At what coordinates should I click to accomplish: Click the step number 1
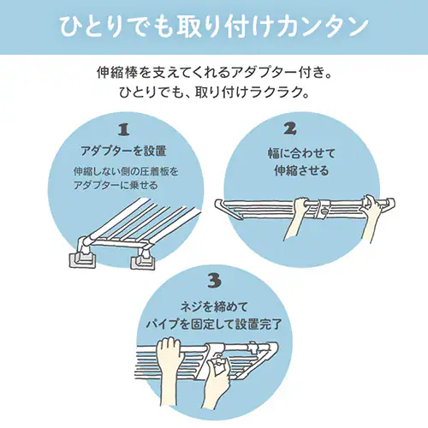[122, 130]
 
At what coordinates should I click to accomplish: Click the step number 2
[290, 130]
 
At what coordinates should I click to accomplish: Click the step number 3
[214, 280]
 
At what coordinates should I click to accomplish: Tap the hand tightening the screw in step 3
[217, 377]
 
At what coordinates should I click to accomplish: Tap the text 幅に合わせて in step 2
[290, 154]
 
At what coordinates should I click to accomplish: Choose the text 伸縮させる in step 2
[290, 170]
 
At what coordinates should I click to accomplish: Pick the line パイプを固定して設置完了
[214, 324]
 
